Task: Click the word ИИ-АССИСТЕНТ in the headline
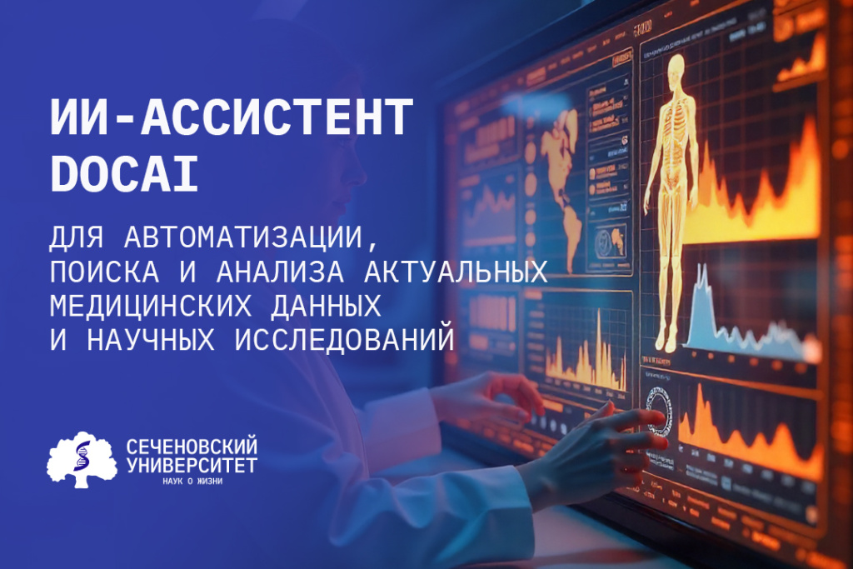click(232, 117)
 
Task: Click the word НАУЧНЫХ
click(142, 339)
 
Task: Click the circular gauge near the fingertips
click(661, 408)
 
